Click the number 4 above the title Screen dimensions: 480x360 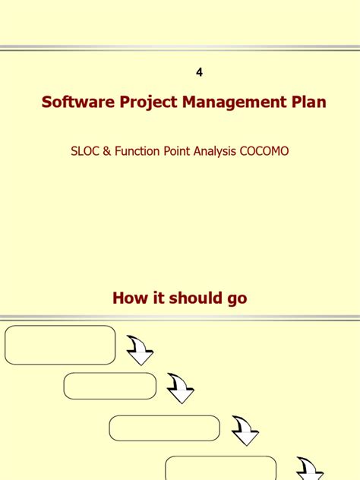tap(200, 72)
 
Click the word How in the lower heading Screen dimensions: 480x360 tap(129, 298)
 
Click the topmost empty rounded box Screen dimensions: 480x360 tap(60, 346)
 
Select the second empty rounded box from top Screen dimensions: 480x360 tap(109, 386)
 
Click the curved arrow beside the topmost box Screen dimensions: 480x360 tap(140, 350)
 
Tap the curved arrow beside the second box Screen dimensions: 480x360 tap(181, 389)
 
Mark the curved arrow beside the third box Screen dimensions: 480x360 tap(245, 431)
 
